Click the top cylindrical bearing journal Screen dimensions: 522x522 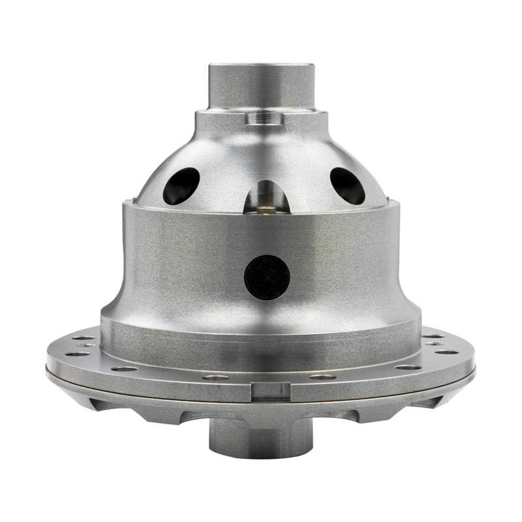[x=261, y=88]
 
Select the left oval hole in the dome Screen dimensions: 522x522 [x=181, y=185]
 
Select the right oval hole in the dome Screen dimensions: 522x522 [x=347, y=185]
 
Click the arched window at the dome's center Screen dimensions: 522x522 [x=266, y=196]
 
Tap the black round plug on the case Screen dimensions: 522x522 [x=267, y=277]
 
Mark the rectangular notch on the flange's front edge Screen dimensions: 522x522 [x=270, y=391]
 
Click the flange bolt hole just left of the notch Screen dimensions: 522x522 [x=215, y=376]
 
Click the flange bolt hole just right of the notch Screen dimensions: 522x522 [x=322, y=376]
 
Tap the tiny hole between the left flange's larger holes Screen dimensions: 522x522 [x=86, y=346]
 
